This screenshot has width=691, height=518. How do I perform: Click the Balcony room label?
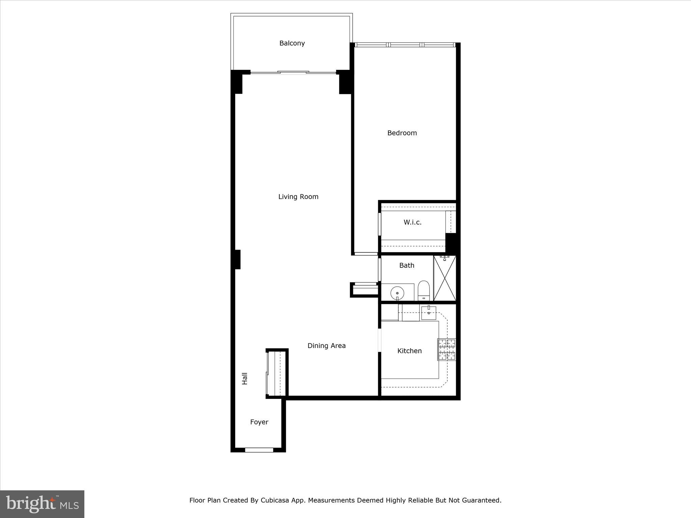click(x=292, y=43)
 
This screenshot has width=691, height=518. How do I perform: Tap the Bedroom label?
click(x=402, y=133)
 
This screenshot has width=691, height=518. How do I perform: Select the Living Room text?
click(x=298, y=197)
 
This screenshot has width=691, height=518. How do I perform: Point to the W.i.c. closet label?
click(x=412, y=222)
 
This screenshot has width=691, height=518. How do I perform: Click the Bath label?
click(x=407, y=265)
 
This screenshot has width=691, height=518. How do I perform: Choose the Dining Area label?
click(x=326, y=346)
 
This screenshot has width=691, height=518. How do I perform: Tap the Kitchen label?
click(x=409, y=351)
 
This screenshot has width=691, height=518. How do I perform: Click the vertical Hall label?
click(x=245, y=378)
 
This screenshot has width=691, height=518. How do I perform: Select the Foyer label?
click(x=259, y=422)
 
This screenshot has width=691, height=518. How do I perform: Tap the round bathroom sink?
click(x=397, y=293)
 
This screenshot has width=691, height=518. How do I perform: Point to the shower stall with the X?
click(x=445, y=278)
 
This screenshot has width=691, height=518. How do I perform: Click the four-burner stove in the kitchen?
click(x=447, y=349)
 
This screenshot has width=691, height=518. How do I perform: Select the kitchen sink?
click(x=429, y=313)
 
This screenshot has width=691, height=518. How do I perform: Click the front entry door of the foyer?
click(x=259, y=450)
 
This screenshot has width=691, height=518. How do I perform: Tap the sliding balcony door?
click(x=293, y=72)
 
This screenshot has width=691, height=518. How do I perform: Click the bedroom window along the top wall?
click(x=405, y=45)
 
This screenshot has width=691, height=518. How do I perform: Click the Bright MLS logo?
click(x=42, y=504)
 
